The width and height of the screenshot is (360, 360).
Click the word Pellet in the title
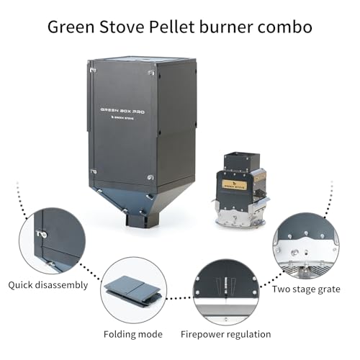tap(171, 27)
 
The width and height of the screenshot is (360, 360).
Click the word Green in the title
tap(71, 27)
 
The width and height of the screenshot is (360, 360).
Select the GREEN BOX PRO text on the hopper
tap(122, 111)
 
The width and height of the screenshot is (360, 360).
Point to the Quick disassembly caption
tap(48, 285)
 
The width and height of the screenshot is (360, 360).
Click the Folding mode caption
tap(133, 334)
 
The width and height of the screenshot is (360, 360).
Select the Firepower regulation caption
tap(226, 334)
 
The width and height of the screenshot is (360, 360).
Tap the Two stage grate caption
tap(306, 289)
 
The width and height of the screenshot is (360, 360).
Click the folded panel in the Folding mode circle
tap(132, 291)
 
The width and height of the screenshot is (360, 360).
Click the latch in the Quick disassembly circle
tap(42, 234)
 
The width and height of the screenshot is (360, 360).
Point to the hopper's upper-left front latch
tap(94, 71)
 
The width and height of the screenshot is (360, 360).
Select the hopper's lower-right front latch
tap(150, 178)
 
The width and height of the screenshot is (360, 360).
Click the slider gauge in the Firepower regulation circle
tap(225, 285)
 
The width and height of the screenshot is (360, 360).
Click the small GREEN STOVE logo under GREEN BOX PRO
tap(122, 118)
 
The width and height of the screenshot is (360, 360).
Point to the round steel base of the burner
tap(240, 222)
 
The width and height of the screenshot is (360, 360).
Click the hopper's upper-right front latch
tap(151, 72)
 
